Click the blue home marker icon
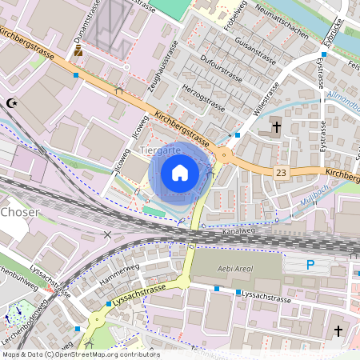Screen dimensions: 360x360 click(x=180, y=173)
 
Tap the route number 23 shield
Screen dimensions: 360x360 click(x=280, y=172)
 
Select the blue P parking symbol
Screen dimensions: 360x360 click(x=311, y=265)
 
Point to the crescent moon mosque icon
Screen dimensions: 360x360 click(x=11, y=103)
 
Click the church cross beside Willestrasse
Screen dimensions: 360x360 click(x=276, y=126)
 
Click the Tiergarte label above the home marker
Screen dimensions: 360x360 click(x=160, y=150)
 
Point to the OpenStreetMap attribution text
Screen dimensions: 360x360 click(x=80, y=354)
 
